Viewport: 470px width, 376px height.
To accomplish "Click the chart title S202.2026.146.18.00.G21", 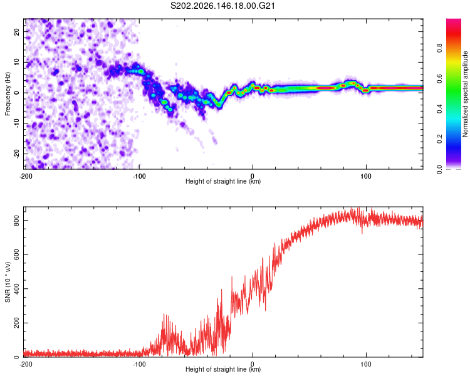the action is click(x=222, y=6).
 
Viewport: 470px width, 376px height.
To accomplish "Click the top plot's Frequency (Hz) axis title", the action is click(x=8, y=93).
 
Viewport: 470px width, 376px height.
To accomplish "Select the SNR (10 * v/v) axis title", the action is click(x=8, y=282).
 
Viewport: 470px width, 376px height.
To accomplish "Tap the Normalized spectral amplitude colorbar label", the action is click(x=465, y=94).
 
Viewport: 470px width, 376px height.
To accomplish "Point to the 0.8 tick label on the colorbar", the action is click(x=439, y=48).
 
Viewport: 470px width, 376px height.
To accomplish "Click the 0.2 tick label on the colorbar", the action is click(x=439, y=139).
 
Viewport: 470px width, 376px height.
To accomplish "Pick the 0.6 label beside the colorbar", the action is click(x=439, y=78).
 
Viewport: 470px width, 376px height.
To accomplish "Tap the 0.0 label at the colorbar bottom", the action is click(x=439, y=169).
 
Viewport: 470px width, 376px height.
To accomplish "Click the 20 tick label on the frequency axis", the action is click(x=16, y=31).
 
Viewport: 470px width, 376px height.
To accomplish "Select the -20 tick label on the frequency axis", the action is click(x=16, y=154).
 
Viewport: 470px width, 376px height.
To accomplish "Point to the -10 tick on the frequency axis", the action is click(x=16, y=123).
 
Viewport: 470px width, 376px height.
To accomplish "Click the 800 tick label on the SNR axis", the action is click(x=16, y=221).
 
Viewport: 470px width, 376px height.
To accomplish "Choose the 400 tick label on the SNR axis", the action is click(x=16, y=289).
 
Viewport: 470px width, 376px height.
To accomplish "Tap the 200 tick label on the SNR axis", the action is click(x=16, y=323).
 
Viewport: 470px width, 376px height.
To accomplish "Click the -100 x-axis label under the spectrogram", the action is click(x=139, y=176).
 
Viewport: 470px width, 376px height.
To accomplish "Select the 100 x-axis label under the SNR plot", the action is click(x=366, y=364).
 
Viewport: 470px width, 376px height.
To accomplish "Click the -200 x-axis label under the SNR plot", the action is click(x=26, y=364).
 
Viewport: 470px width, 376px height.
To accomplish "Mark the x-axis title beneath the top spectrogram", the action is click(x=223, y=181).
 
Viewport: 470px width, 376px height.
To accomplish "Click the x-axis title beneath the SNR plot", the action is click(x=223, y=369).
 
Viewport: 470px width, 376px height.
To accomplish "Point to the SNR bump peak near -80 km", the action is click(x=164, y=313).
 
